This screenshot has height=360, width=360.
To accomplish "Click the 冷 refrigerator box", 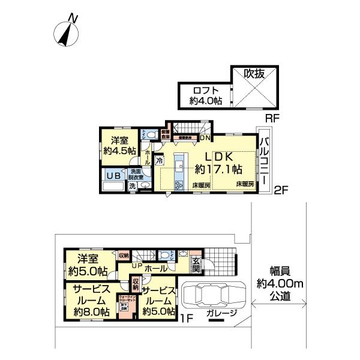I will [159, 160].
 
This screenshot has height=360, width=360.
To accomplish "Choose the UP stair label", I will [137, 265].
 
